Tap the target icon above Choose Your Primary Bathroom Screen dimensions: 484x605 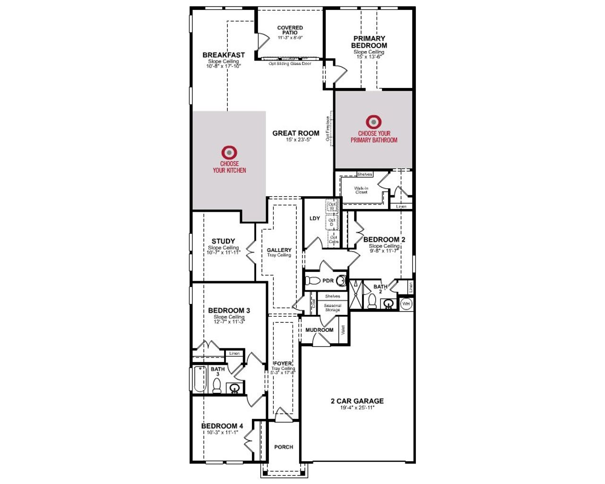click(373, 122)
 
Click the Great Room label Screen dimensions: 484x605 click(296, 133)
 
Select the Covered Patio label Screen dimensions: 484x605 click(290, 30)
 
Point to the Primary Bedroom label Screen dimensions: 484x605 click(369, 42)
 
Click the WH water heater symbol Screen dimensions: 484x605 click(406, 304)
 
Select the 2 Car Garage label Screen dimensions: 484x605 click(357, 401)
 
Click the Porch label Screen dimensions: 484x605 click(284, 447)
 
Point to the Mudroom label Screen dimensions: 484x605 click(319, 330)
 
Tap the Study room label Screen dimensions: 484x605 click(223, 241)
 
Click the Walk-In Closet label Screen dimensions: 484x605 click(361, 190)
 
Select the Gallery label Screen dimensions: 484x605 click(279, 250)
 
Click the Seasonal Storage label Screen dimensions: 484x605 click(332, 308)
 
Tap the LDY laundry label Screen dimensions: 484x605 click(315, 218)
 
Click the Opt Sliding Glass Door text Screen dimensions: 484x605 click(290, 64)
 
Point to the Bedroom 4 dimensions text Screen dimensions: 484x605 click(222, 432)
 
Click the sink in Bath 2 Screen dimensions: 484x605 click(389, 303)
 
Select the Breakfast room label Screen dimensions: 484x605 click(224, 55)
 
